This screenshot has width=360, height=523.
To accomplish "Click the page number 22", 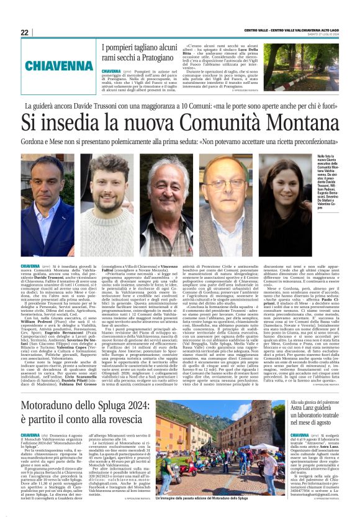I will coord(24,32).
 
